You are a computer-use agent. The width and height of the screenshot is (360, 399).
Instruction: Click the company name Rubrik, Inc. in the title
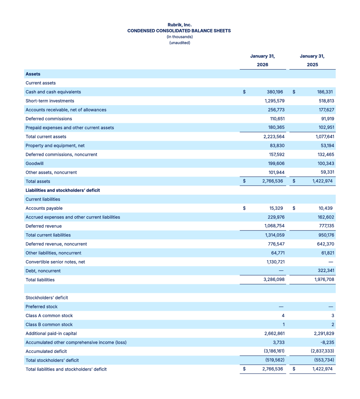pos(179,25)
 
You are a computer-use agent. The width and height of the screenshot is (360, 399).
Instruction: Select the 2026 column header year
pos(263,64)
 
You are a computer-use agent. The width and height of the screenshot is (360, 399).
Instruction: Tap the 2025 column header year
pos(312,64)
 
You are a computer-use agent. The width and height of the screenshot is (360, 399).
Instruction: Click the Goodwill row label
pos(35,163)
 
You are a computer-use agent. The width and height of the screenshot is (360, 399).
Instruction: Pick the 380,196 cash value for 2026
pos(275,92)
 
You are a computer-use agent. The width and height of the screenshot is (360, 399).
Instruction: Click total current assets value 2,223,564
pos(274,137)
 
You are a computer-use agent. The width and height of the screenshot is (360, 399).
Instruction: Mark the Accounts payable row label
pos(44,208)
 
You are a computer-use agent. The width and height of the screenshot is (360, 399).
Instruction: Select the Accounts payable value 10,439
pos(325,208)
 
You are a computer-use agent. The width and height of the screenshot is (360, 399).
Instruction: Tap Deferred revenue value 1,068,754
pos(275,226)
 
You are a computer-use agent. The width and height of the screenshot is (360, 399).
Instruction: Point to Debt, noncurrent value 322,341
pos(325,271)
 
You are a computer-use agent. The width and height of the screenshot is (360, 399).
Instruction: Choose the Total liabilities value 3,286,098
pos(274,280)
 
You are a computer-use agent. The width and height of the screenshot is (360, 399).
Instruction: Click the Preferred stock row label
pos(42,307)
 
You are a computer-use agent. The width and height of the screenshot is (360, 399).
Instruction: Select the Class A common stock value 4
pos(283,316)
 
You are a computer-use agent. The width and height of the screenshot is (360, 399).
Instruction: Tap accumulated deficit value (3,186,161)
pos(274,351)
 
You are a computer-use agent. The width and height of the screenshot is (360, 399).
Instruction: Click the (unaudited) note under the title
pos(180,43)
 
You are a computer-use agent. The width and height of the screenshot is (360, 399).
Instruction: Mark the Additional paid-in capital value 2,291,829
pos(324,334)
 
